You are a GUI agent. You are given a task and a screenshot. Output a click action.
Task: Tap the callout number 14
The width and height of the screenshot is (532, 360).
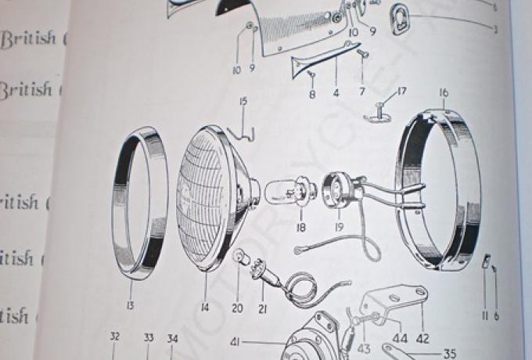(204, 308)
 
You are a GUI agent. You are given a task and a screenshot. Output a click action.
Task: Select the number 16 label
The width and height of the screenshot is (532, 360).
(444, 93)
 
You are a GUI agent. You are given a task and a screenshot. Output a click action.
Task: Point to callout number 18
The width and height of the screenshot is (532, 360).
(300, 228)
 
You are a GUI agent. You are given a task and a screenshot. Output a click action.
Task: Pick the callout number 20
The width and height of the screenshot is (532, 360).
(237, 308)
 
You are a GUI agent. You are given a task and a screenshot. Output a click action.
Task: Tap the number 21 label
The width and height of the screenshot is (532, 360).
(262, 308)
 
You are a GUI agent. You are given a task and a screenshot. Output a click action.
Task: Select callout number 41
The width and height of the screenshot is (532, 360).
(235, 342)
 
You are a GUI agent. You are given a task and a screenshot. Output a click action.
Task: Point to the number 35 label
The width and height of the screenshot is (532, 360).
(449, 354)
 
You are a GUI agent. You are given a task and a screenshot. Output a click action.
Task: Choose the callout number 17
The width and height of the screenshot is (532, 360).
(401, 92)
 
